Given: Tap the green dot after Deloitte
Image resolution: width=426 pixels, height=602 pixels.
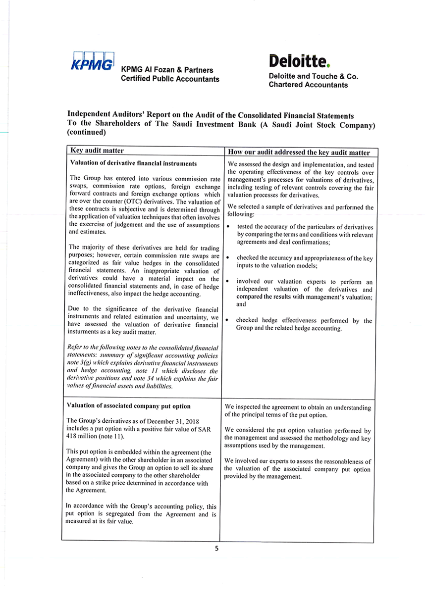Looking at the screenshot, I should [x=328, y=65].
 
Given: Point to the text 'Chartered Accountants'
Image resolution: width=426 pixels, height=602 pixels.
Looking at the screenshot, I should [x=308, y=85].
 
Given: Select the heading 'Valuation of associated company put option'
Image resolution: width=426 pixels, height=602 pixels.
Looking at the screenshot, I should [x=128, y=406].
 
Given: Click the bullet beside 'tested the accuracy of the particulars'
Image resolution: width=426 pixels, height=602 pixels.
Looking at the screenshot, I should [x=228, y=227].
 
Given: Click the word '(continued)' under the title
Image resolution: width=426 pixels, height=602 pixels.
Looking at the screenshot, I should [x=87, y=132].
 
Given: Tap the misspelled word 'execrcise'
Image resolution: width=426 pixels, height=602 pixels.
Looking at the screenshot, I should [x=95, y=225].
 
